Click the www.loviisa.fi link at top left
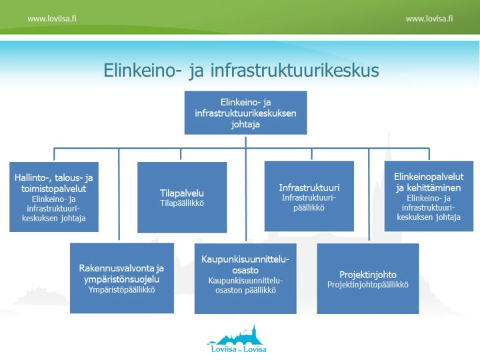pyautogui.click(x=51, y=19)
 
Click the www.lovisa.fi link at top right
pyautogui.click(x=429, y=19)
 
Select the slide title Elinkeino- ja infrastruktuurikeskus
pyautogui.click(x=241, y=71)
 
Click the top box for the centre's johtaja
pyautogui.click(x=245, y=113)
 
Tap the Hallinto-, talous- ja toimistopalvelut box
pyautogui.click(x=53, y=197)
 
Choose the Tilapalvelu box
pyautogui.click(x=182, y=197)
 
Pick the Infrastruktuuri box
pyautogui.click(x=309, y=196)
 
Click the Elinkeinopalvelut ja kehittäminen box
pyautogui.click(x=429, y=196)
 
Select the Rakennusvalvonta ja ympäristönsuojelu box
pyautogui.click(x=121, y=277)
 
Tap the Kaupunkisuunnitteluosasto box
pyautogui.click(x=245, y=277)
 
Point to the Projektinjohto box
pyautogui.click(x=367, y=277)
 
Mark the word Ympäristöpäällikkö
pyautogui.click(x=121, y=290)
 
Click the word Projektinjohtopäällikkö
pyautogui.click(x=367, y=285)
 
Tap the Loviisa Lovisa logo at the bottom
pyautogui.click(x=237, y=340)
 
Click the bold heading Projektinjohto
pyautogui.click(x=367, y=274)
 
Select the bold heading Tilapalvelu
pyautogui.click(x=182, y=193)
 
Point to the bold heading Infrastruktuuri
pyautogui.click(x=309, y=187)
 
